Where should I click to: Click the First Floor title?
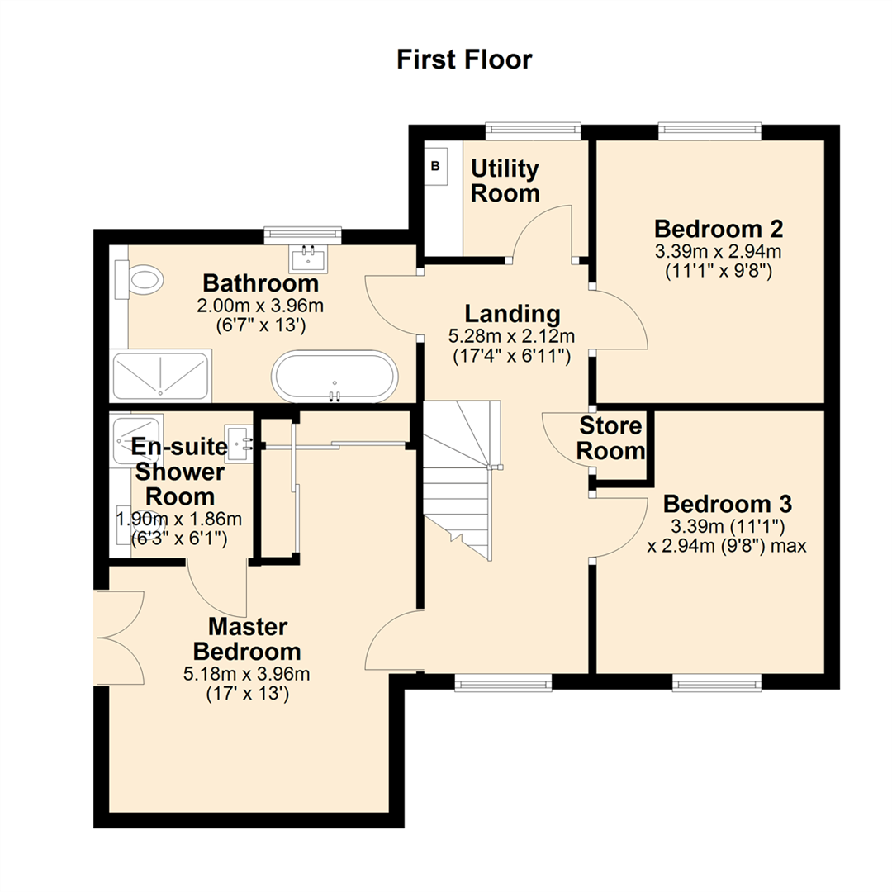[464, 60]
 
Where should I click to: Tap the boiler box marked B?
[436, 166]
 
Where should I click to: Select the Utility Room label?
[505, 181]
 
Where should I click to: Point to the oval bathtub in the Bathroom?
[335, 376]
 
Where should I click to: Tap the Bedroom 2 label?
[718, 228]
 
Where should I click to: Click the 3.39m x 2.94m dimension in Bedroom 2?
[718, 251]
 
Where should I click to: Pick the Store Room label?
[611, 439]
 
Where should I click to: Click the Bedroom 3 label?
[728, 503]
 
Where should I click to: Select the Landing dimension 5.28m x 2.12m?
[512, 336]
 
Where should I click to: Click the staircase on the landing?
[460, 479]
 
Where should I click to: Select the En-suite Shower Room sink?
[239, 444]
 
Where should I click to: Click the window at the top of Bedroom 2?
[709, 128]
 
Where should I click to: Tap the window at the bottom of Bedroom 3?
[716, 682]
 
